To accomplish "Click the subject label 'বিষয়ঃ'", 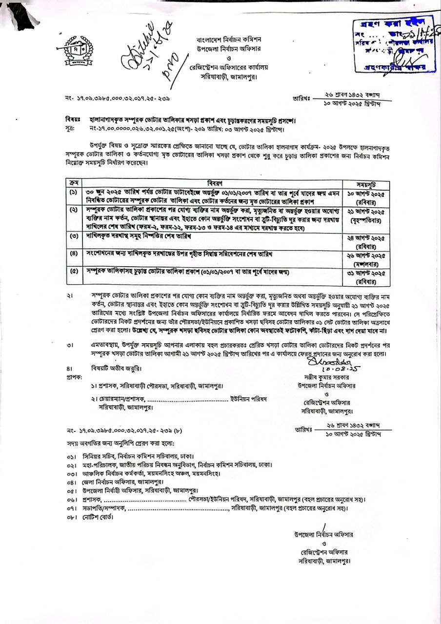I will tap(73, 119).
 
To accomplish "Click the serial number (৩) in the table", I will tap(73, 236).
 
